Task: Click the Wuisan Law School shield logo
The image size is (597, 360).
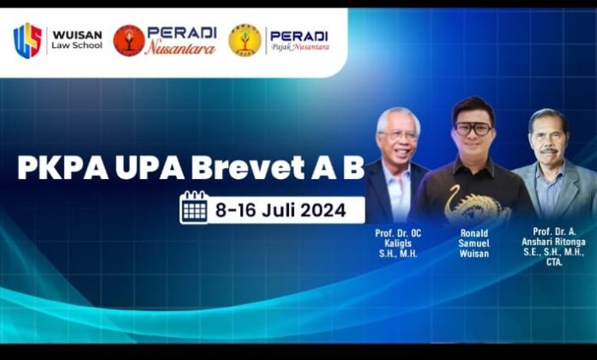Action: [27, 41]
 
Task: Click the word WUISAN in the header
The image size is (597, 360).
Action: [77, 34]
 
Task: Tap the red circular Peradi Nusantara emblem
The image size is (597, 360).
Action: [129, 41]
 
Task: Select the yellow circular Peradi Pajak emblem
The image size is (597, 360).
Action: [244, 40]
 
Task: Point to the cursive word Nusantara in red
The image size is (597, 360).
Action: [180, 47]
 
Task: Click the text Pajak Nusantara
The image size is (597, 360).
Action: [300, 47]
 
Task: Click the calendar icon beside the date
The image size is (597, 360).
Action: [194, 207]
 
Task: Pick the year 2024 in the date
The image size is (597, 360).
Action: [323, 210]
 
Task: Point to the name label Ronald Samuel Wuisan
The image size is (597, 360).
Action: [473, 243]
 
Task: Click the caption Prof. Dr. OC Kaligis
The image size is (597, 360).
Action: [398, 243]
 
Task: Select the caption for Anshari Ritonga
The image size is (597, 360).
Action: [553, 246]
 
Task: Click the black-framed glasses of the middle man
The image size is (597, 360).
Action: [473, 129]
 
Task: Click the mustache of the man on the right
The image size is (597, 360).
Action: [549, 151]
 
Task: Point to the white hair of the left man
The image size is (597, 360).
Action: [398, 118]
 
